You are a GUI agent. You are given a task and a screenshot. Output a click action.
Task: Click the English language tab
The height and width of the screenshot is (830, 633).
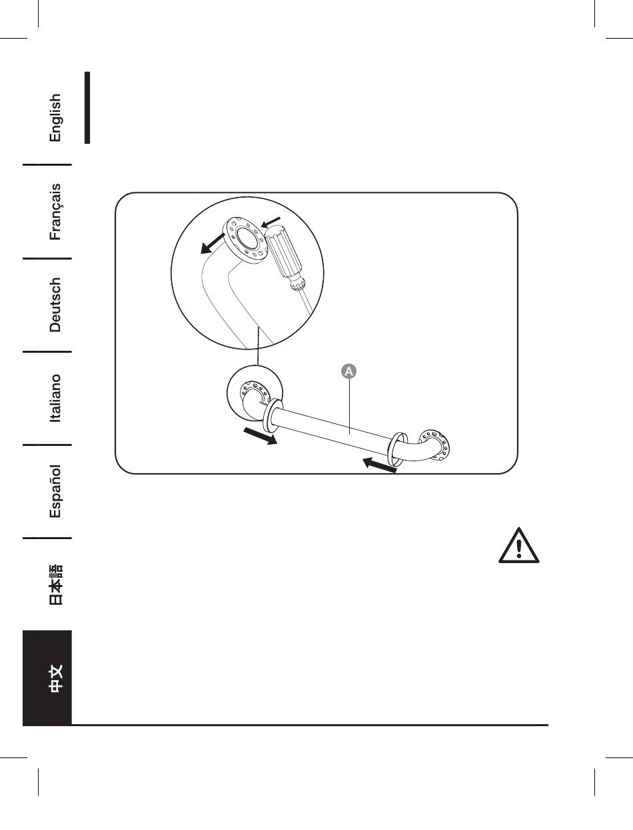(x=55, y=117)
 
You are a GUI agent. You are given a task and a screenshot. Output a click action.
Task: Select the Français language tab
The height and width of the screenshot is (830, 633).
(x=55, y=211)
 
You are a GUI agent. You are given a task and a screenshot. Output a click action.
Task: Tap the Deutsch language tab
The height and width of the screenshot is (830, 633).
(x=55, y=304)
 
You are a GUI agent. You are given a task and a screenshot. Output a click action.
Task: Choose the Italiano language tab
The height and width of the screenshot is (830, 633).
(x=55, y=397)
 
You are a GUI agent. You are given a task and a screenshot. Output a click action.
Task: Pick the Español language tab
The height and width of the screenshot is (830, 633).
(x=55, y=491)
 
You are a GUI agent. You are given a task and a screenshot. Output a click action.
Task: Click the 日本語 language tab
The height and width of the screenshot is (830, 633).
(x=55, y=584)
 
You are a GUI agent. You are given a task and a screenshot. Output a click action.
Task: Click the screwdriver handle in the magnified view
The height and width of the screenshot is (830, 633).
(x=285, y=253)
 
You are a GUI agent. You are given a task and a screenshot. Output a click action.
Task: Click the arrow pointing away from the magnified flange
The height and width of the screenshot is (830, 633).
(x=214, y=244)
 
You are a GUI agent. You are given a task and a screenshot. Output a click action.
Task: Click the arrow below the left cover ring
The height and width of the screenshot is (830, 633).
(x=259, y=437)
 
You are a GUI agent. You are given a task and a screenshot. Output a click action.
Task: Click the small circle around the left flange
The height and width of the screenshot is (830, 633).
(x=257, y=396)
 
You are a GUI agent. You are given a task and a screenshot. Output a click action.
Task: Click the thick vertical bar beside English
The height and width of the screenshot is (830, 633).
(x=87, y=108)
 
